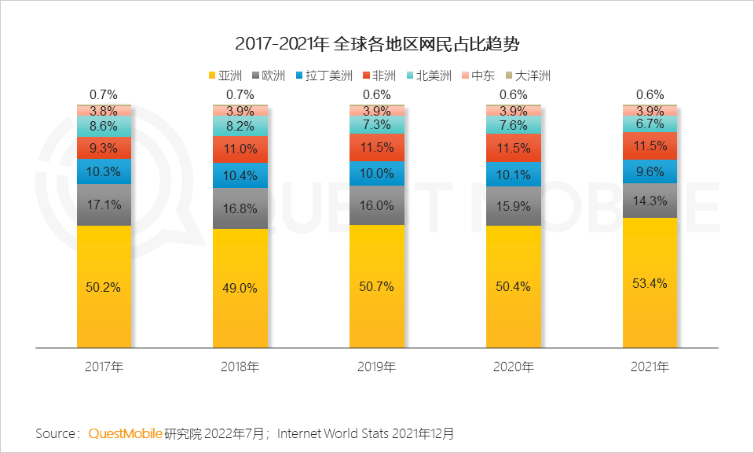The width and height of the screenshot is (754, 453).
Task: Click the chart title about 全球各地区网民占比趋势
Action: (x=377, y=43)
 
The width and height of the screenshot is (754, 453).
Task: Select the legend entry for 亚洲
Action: (x=225, y=76)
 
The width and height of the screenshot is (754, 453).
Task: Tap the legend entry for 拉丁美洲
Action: (x=324, y=76)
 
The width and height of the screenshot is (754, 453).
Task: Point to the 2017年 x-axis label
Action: (x=104, y=367)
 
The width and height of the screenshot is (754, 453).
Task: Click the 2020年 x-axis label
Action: (x=514, y=367)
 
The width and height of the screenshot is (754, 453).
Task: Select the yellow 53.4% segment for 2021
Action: (x=650, y=282)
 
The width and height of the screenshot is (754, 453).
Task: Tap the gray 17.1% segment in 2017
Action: (x=104, y=204)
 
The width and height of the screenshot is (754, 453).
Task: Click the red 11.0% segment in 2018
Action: (x=240, y=149)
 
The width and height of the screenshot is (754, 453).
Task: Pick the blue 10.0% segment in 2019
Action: (x=376, y=174)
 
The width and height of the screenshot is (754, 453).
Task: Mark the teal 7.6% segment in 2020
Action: (x=514, y=125)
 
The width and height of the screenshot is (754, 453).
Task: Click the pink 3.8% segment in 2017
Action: (x=104, y=111)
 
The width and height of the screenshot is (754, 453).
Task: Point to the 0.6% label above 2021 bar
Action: (x=650, y=94)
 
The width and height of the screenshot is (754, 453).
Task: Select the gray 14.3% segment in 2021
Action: (x=650, y=201)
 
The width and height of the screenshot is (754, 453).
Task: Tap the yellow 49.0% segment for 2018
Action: (x=240, y=288)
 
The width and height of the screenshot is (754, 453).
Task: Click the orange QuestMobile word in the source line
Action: (x=125, y=433)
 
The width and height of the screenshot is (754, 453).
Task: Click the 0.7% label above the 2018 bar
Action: (x=240, y=94)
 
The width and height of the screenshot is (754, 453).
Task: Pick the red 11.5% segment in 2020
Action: (x=514, y=148)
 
